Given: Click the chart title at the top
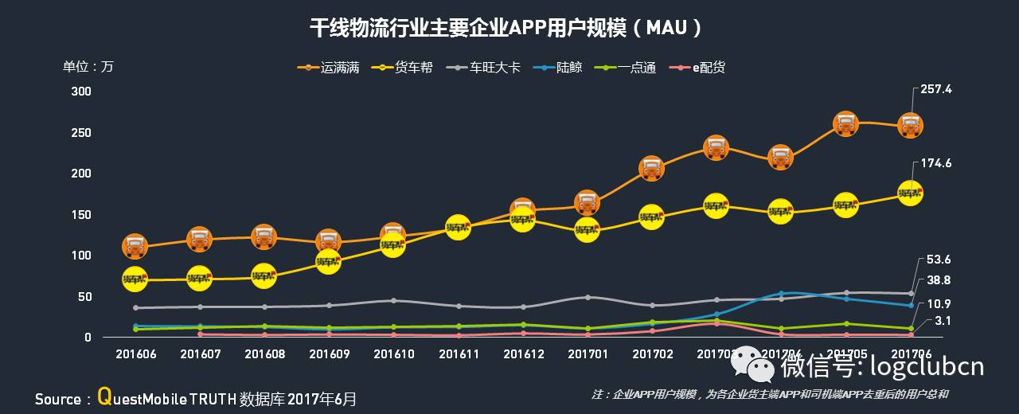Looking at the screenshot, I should [x=508, y=28].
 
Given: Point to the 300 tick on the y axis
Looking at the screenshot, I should [x=82, y=92].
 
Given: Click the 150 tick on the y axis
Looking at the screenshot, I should [x=82, y=215].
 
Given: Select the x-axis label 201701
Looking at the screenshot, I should [x=587, y=354].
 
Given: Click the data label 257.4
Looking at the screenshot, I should [x=935, y=89].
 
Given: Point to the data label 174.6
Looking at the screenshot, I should [x=935, y=163].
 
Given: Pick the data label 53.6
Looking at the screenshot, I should [x=939, y=260].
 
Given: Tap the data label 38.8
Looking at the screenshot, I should [x=939, y=280].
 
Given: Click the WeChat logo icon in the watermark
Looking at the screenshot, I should [x=753, y=365].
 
